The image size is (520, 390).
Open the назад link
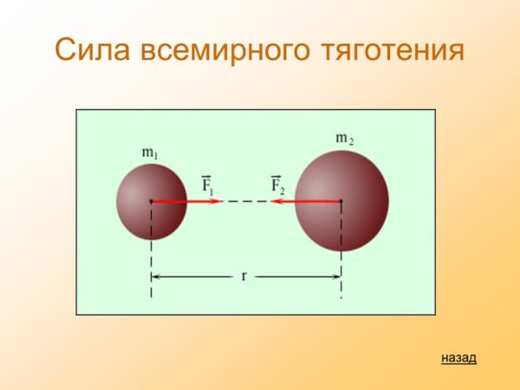click(x=458, y=357)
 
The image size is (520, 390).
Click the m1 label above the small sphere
click(x=150, y=153)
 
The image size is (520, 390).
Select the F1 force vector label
click(x=208, y=185)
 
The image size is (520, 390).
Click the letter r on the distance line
click(x=244, y=276)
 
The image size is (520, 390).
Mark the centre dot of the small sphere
click(x=151, y=201)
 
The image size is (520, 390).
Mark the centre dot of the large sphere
click(x=341, y=201)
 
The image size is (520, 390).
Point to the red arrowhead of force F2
click(x=275, y=201)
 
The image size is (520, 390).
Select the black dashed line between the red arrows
click(x=246, y=201)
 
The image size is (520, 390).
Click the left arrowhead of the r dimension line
click(x=157, y=277)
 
